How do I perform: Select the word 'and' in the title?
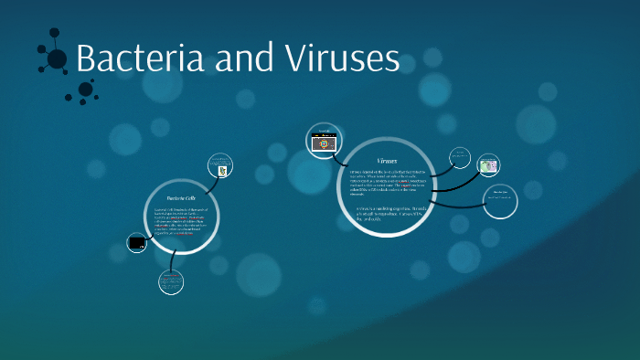(239, 58)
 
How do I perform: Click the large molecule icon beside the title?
(55, 58)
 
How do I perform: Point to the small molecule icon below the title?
(85, 90)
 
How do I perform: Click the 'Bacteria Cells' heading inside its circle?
(181, 197)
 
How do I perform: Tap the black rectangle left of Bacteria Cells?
(138, 243)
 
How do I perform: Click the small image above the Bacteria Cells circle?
(220, 167)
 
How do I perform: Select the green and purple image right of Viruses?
(489, 165)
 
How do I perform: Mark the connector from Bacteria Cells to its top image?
(211, 180)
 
